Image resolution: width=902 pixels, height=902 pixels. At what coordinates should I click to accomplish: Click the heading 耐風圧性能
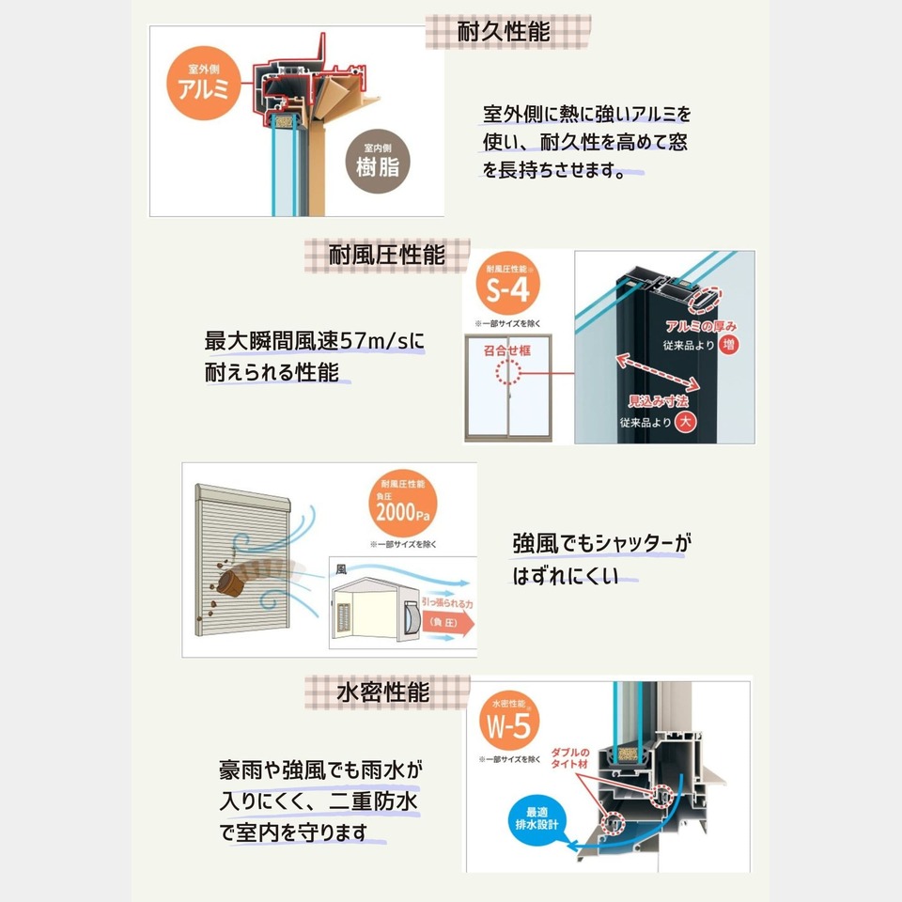[386, 255]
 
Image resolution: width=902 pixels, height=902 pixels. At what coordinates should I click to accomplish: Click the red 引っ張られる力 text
[449, 604]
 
